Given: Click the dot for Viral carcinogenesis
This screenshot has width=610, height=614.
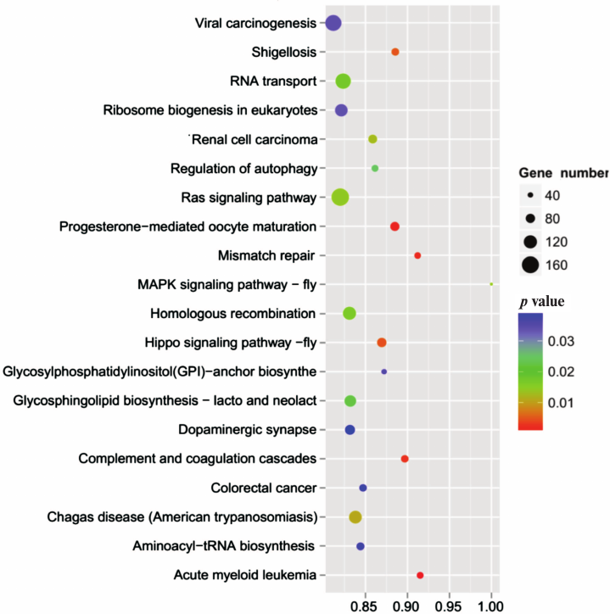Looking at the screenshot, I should [x=333, y=23].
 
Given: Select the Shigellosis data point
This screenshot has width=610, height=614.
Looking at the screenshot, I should [x=395, y=52].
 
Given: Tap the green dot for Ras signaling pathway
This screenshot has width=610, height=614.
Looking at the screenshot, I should [x=340, y=197].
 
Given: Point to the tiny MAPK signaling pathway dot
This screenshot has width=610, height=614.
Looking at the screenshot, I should [x=491, y=283].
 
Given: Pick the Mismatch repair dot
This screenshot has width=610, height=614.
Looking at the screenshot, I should [x=417, y=255].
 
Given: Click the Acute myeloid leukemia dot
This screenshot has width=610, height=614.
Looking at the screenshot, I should [x=420, y=575].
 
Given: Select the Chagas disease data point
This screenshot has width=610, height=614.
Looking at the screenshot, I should [x=355, y=516].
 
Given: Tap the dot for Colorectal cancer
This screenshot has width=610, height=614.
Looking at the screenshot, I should [x=363, y=488].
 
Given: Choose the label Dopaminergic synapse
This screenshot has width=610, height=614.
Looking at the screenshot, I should [x=246, y=430].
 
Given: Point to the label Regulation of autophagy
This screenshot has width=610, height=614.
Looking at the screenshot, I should [x=243, y=168].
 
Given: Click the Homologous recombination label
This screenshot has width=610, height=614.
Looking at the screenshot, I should [x=232, y=314].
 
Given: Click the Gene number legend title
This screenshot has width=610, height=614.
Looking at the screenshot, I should [x=563, y=173].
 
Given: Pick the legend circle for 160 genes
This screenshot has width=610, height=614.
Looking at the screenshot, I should [x=531, y=265].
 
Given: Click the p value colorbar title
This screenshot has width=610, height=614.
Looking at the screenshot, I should [x=548, y=301].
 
